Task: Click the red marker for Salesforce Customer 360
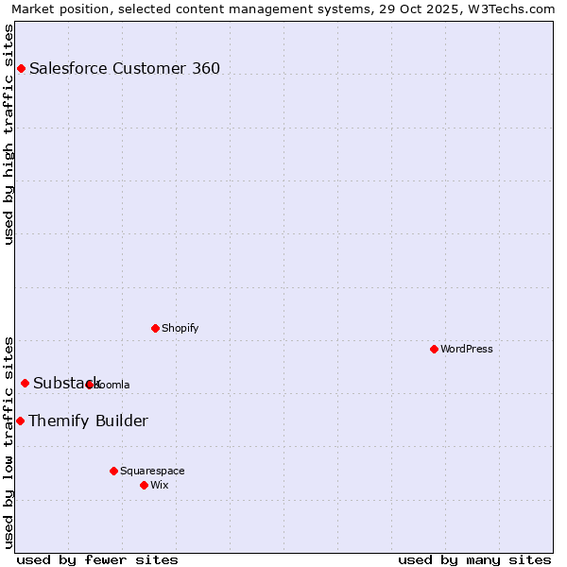tap(21, 68)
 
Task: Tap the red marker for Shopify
tap(155, 328)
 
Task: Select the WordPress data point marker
tap(434, 349)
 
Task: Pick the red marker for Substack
tap(26, 383)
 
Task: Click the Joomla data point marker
tap(90, 385)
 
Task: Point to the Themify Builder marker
tap(20, 421)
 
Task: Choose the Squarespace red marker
tap(113, 471)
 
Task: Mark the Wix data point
tap(144, 485)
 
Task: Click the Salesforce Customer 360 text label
tap(125, 68)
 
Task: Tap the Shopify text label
tap(180, 328)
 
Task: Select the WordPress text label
tap(467, 349)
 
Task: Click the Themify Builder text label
tap(88, 421)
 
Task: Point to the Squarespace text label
tap(152, 471)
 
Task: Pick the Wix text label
tap(159, 485)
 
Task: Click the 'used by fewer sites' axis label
tap(97, 559)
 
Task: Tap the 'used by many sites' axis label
tap(474, 559)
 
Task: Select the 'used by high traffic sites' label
tap(9, 133)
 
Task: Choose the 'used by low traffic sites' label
tap(9, 441)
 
